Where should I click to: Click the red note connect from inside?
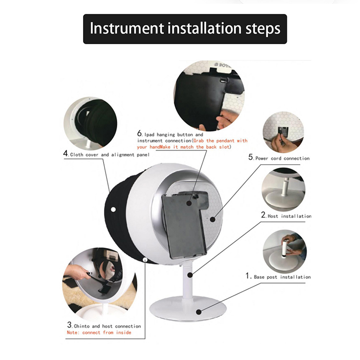pyautogui.click(x=98, y=332)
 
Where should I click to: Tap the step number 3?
pyautogui.click(x=70, y=325)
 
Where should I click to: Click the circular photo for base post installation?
pyautogui.click(x=284, y=249)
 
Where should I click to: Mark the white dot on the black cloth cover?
pyautogui.click(x=113, y=210)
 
